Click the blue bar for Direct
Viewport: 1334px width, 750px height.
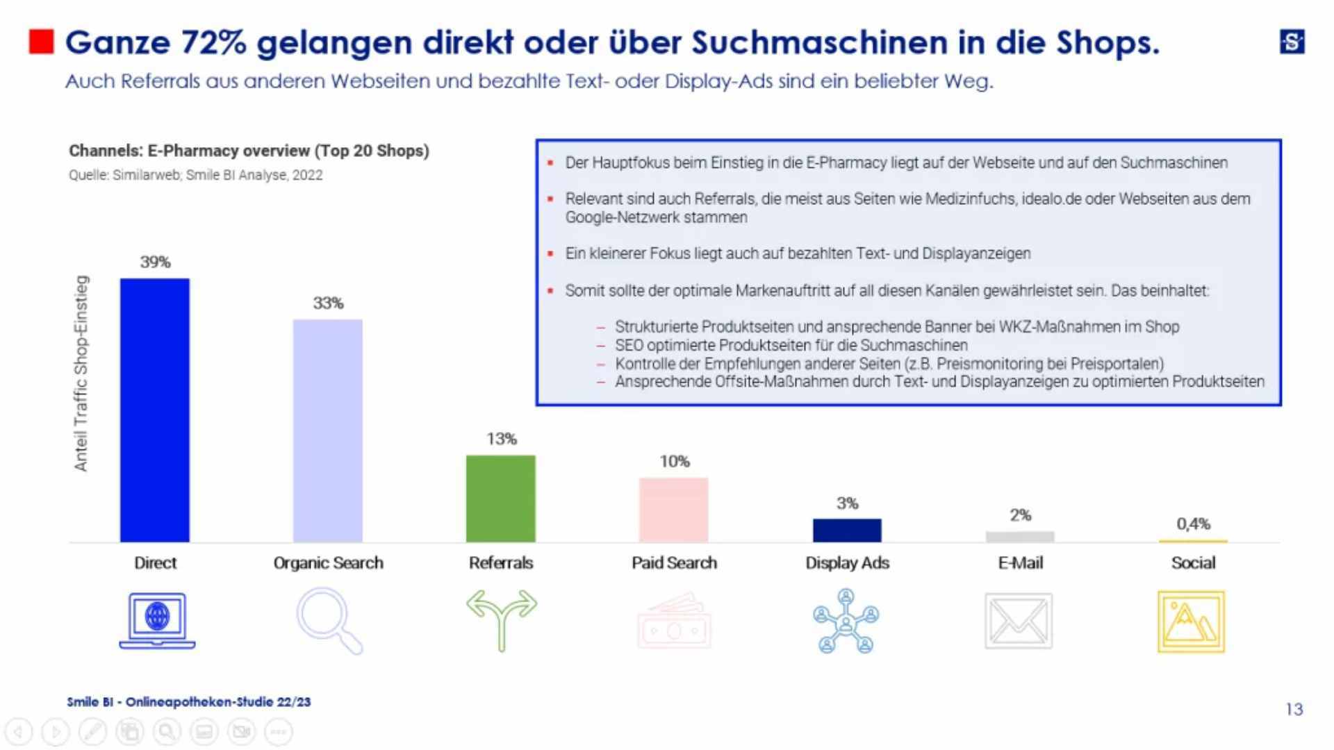click(x=154, y=410)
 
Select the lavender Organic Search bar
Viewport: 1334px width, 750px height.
click(x=327, y=431)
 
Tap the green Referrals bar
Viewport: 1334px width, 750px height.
click(x=500, y=498)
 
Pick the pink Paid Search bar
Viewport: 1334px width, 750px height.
click(x=673, y=509)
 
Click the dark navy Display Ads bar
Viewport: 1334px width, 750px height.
click(x=847, y=530)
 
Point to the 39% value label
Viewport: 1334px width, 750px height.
click(x=155, y=262)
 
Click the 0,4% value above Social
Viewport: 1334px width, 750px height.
click(x=1193, y=524)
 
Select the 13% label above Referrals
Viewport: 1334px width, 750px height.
click(x=501, y=439)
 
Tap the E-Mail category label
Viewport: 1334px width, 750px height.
click(x=1020, y=562)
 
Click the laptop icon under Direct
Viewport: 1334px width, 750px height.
click(x=157, y=620)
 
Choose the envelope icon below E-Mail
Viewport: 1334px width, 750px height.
click(x=1019, y=621)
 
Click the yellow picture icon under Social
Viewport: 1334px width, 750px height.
click(x=1191, y=622)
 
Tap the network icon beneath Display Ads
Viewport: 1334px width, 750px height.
click(x=846, y=621)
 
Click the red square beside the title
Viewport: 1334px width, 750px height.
click(x=41, y=42)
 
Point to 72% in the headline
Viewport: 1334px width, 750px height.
click(x=213, y=42)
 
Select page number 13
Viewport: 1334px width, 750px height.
click(x=1294, y=709)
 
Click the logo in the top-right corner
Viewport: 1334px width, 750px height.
click(x=1292, y=42)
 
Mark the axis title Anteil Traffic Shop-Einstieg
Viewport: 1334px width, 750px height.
click(x=81, y=373)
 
